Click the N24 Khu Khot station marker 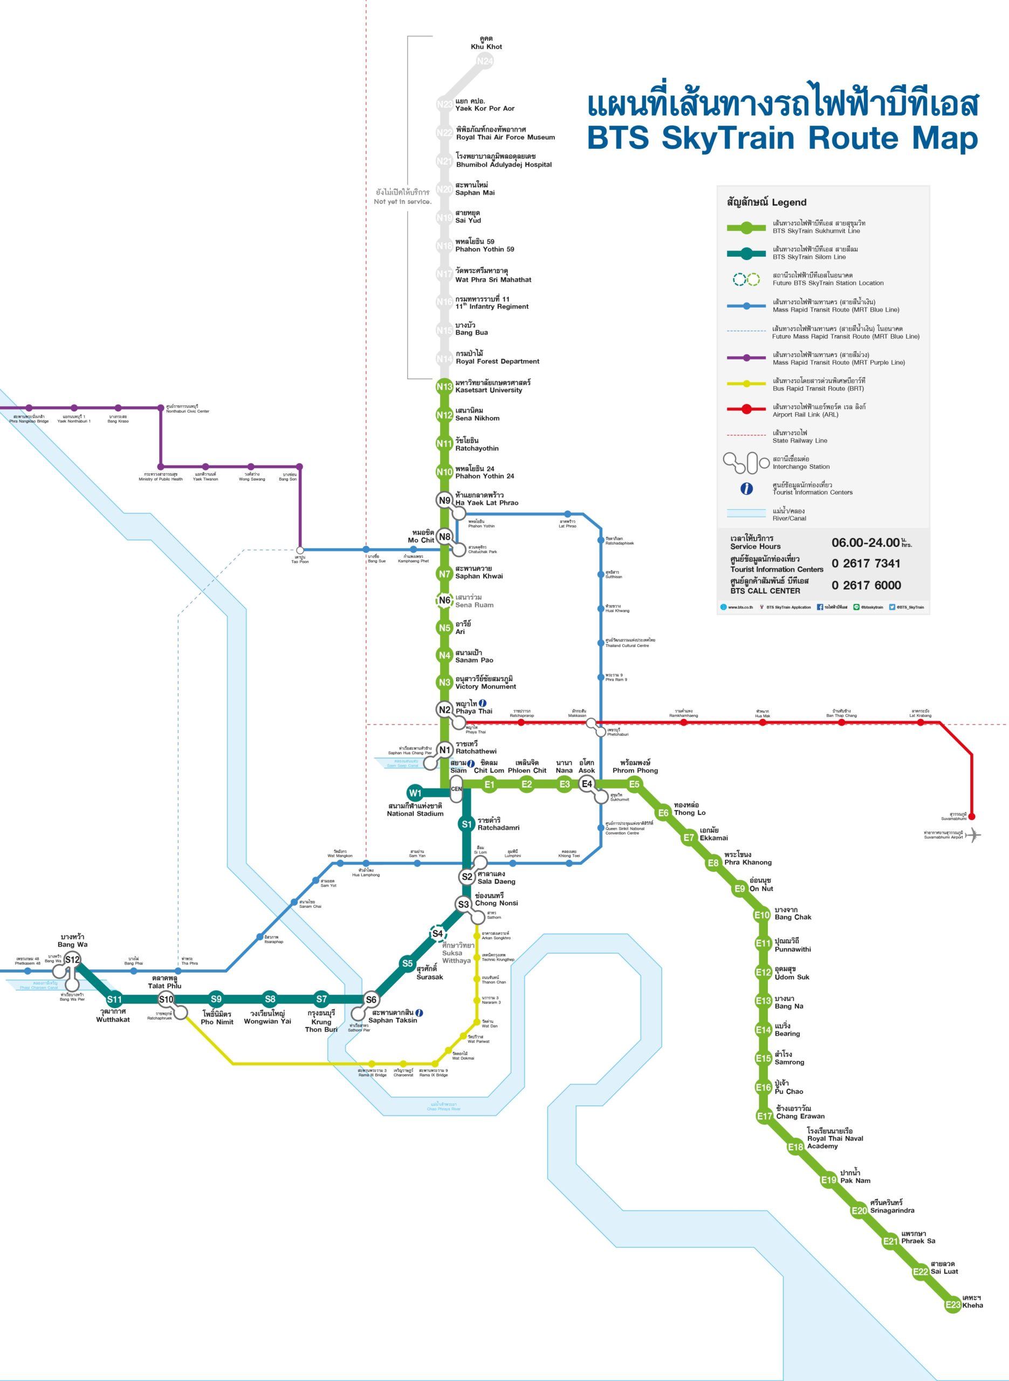tap(485, 61)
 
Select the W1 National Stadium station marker tap(415, 793)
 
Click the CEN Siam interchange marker tap(456, 789)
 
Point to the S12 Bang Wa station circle tap(72, 960)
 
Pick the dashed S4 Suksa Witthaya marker tap(437, 933)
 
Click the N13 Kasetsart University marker tap(444, 387)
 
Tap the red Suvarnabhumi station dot tap(972, 816)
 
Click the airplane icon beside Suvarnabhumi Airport tap(975, 835)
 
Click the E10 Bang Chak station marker tap(761, 915)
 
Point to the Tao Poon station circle tap(299, 550)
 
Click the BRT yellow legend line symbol tap(746, 383)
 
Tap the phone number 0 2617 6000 tap(866, 585)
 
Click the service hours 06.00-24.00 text tap(866, 542)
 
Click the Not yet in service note tap(402, 201)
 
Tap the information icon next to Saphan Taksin tap(419, 1012)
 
